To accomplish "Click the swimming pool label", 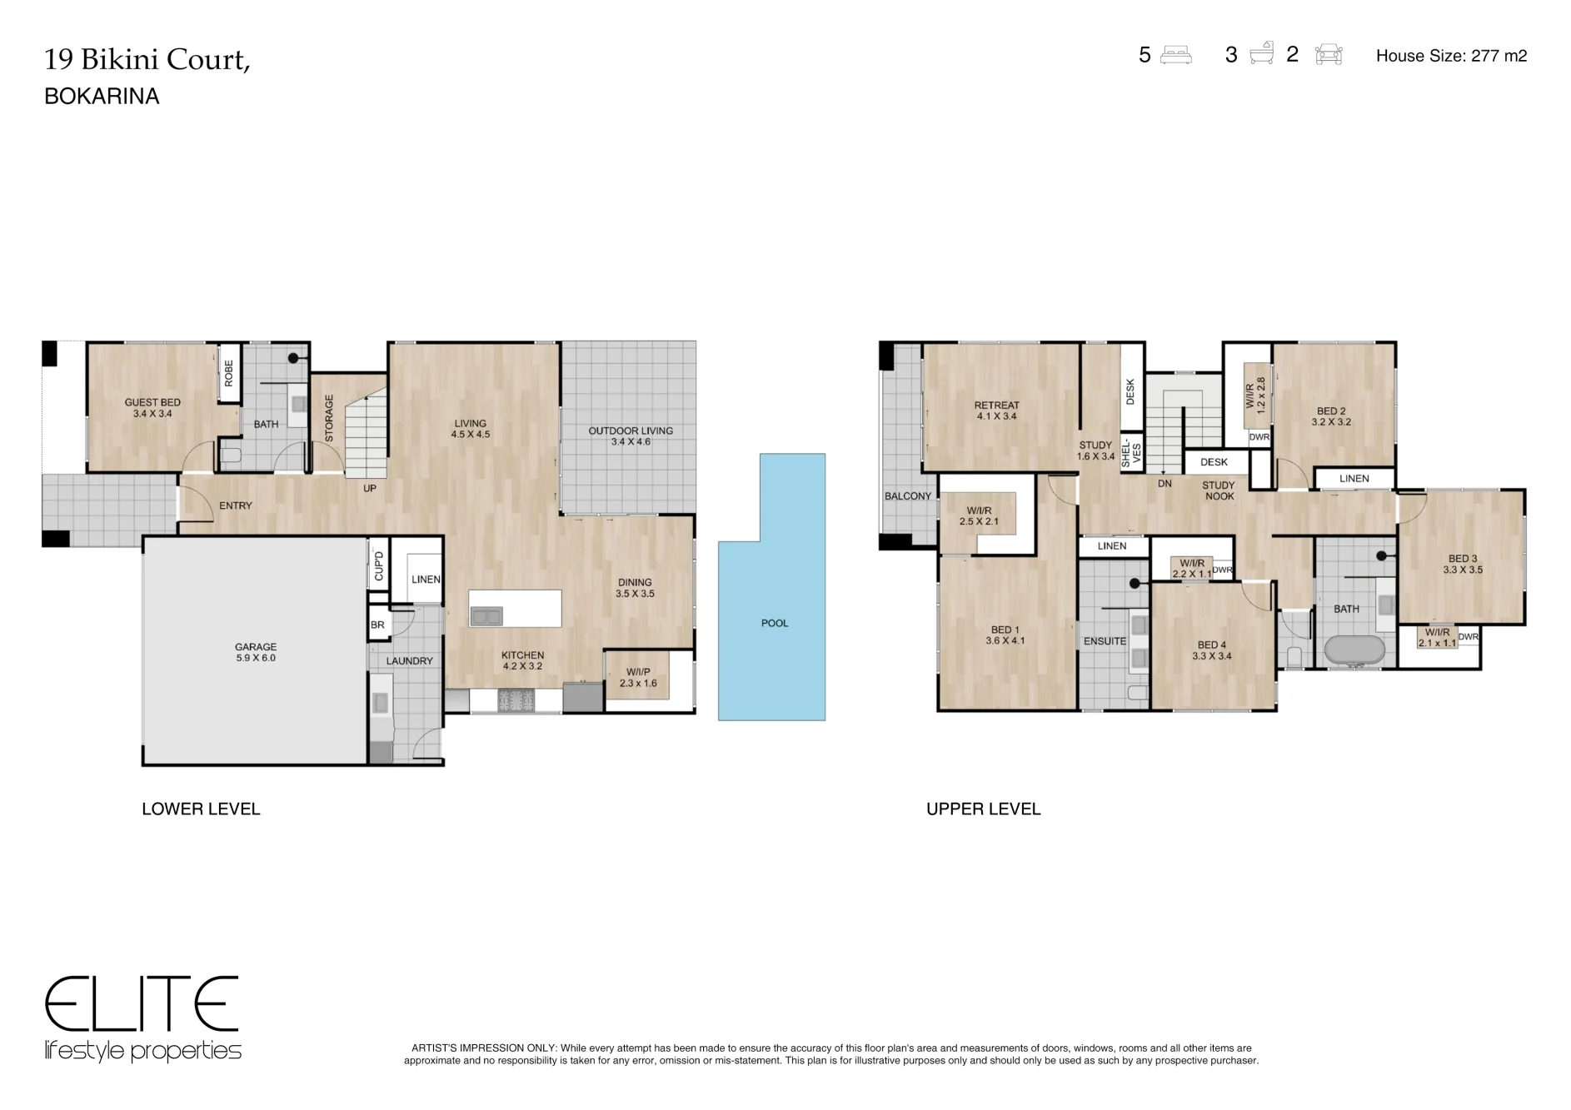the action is point(774,623).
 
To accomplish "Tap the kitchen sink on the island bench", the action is point(486,616).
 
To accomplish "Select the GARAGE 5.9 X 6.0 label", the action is point(256,652).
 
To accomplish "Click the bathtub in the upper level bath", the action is point(1354,650).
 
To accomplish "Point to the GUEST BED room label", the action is point(152,408).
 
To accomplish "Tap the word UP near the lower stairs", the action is point(370,489).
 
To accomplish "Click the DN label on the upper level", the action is point(1165,484).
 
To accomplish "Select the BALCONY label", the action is point(908,496).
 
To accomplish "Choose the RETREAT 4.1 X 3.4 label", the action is point(997,411).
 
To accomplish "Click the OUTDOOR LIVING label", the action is point(631,436).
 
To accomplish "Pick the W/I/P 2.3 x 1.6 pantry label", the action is point(638,678).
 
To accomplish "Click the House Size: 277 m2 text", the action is point(1451,56).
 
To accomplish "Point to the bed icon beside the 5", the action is point(1175,55).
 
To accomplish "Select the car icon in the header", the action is point(1329,55).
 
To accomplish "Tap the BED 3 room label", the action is point(1463,565).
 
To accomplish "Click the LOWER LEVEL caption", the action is point(201,809).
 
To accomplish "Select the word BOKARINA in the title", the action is point(102,97).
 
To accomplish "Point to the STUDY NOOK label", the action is point(1219,490).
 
